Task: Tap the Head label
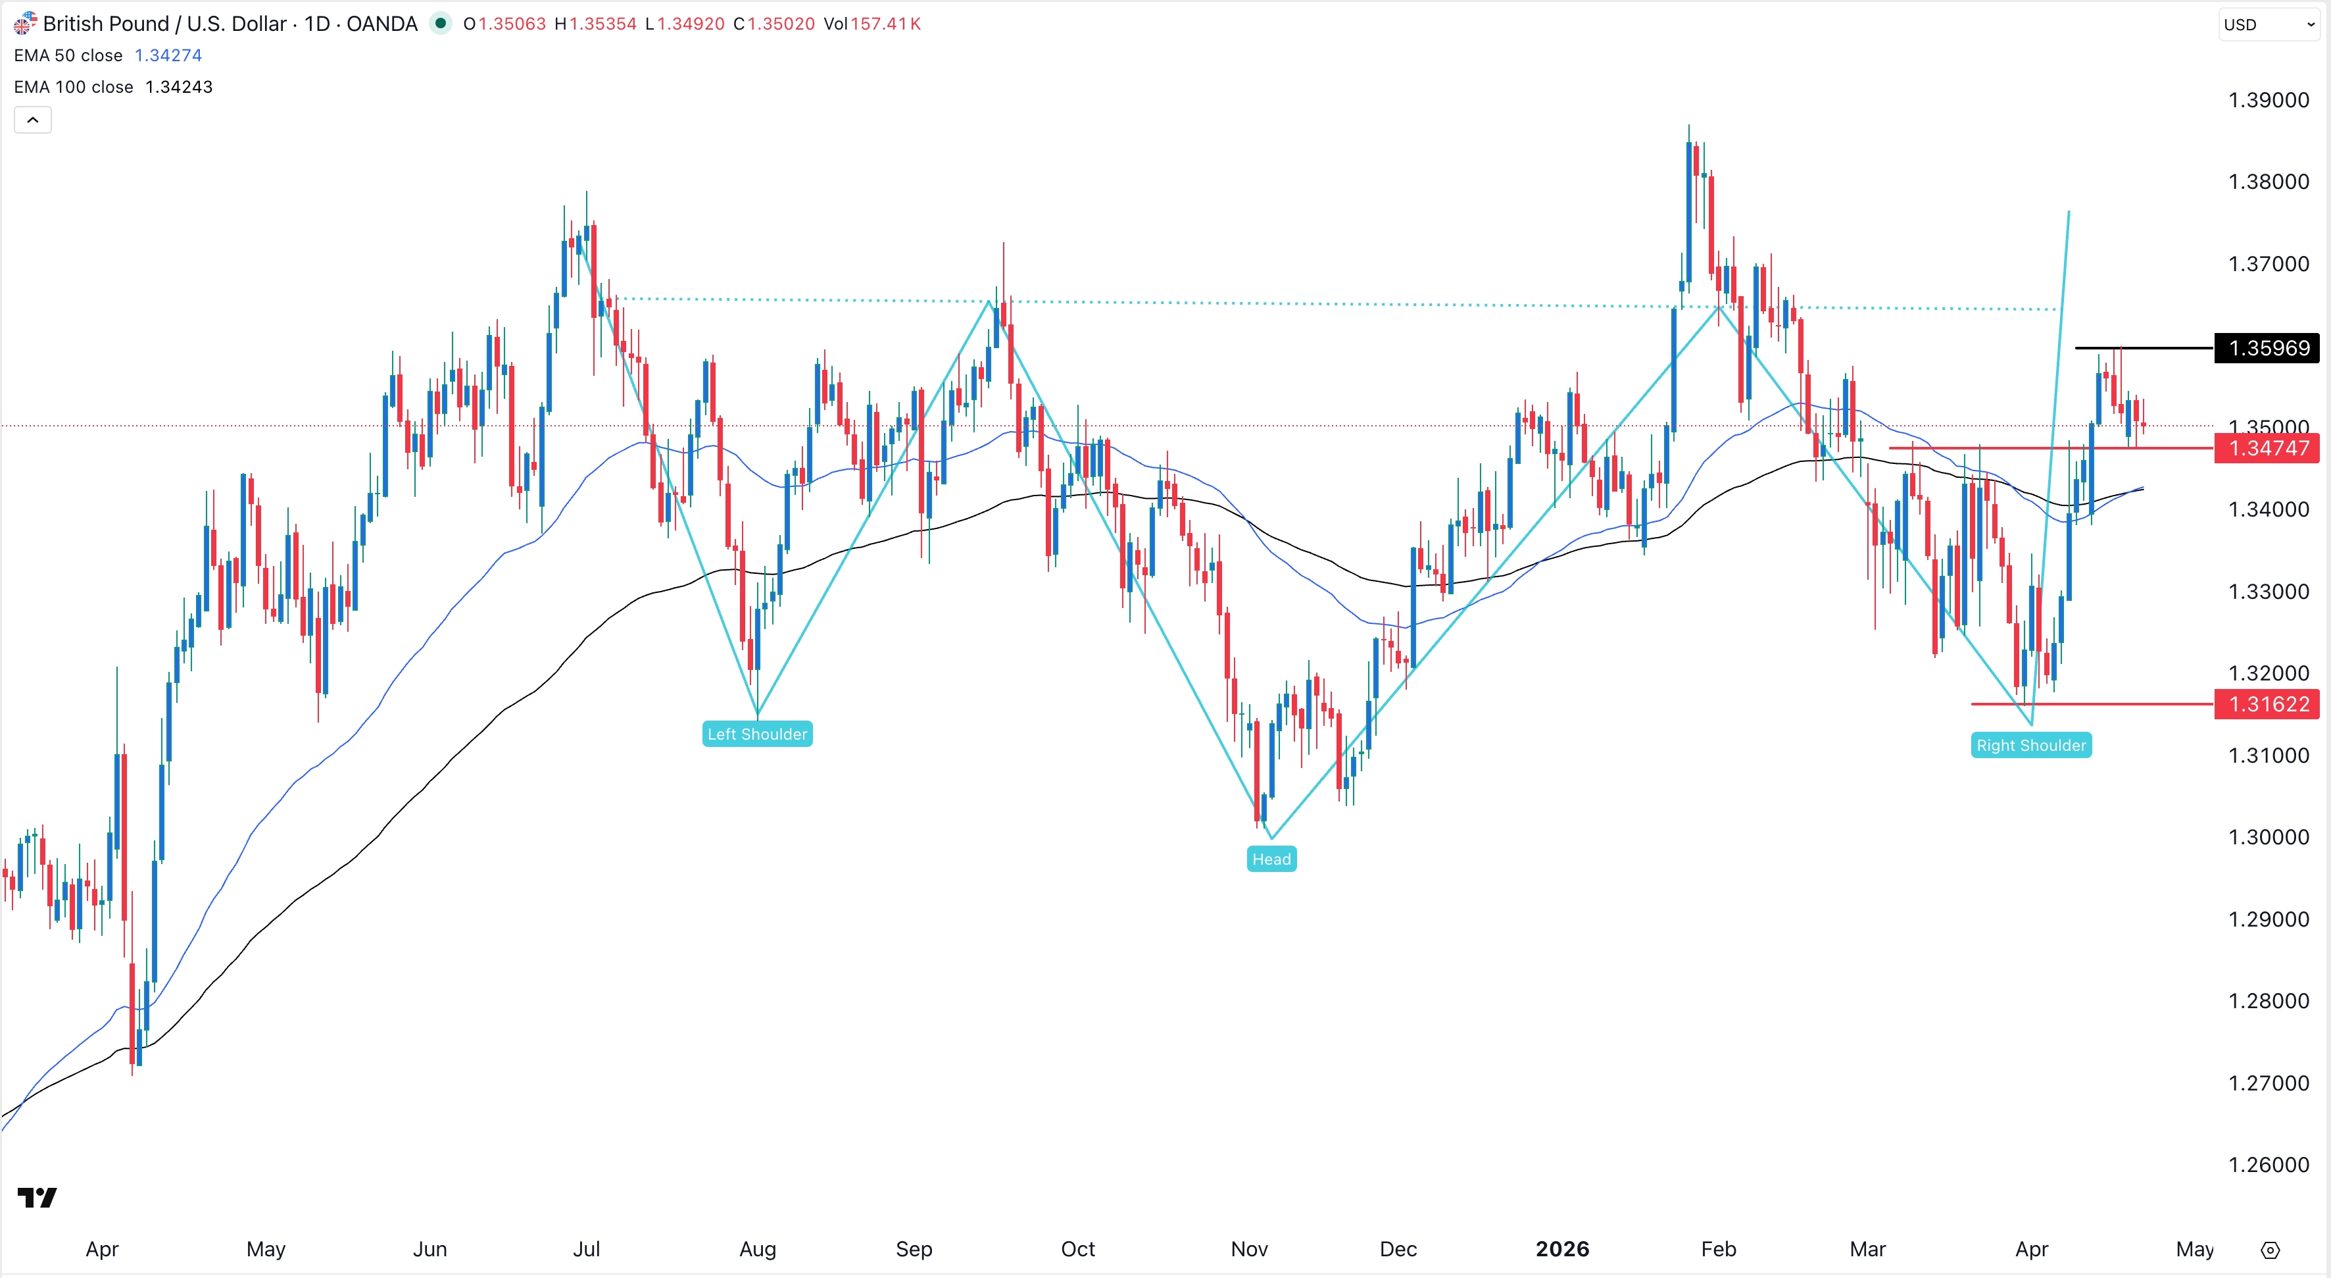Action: (1271, 859)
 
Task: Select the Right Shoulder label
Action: (2030, 746)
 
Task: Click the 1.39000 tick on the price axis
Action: (2268, 101)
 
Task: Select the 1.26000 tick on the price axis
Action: (2268, 1165)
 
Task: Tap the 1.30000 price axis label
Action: (2268, 837)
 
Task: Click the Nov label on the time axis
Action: (1249, 1249)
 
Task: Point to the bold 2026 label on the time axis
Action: (1562, 1249)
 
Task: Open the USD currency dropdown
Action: (2269, 24)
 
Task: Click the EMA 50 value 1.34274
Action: (168, 55)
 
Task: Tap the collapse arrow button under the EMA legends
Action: (33, 120)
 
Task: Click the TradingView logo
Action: (37, 1198)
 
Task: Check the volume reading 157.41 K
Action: (884, 24)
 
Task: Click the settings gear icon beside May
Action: (2269, 1250)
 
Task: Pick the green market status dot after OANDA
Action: (440, 24)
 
